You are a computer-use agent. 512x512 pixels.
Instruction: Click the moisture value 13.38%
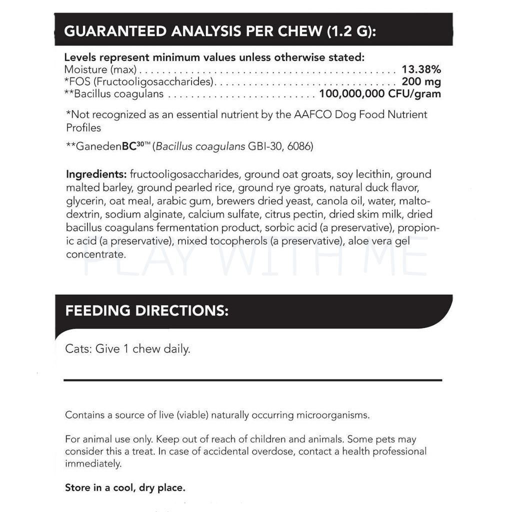click(421, 69)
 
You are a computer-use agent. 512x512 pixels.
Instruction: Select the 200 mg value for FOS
click(421, 81)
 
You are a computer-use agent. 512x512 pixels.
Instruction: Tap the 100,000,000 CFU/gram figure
click(380, 93)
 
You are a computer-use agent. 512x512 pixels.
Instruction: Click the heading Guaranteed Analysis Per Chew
click(220, 31)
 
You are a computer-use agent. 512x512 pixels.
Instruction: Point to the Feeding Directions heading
click(147, 310)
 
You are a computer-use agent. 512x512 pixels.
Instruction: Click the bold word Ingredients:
click(96, 174)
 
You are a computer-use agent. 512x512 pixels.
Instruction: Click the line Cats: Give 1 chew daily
click(127, 348)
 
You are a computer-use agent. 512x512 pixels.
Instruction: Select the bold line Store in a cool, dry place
click(125, 487)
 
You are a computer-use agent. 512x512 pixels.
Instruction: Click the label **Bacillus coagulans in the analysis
click(106, 93)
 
